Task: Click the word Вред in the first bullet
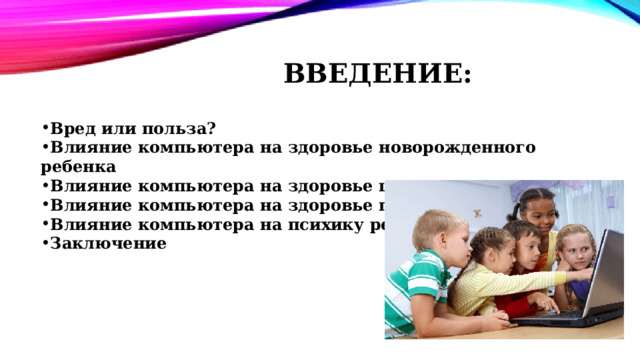[x=71, y=128]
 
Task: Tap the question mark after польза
[x=212, y=128]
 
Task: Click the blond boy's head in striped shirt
[x=437, y=233]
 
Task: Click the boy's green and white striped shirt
[x=415, y=295]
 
